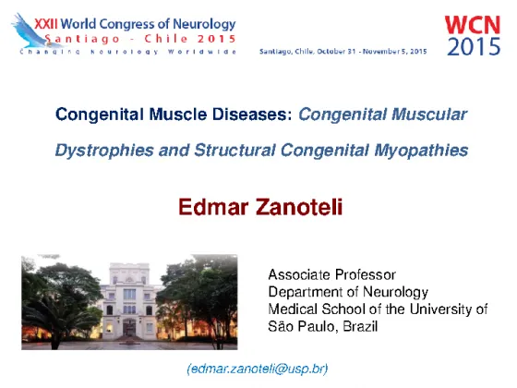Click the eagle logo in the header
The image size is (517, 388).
point(31,31)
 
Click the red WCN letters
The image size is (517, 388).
point(473,25)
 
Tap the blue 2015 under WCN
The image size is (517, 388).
point(474,46)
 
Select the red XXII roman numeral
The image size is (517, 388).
point(46,24)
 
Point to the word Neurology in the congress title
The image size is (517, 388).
point(204,24)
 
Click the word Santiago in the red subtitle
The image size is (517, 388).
point(82,39)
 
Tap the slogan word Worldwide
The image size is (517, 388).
point(202,52)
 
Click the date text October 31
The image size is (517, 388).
point(336,52)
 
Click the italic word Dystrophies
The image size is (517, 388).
point(104,151)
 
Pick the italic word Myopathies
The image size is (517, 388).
point(421,151)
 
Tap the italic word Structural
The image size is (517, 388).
point(234,150)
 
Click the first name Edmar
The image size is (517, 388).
point(213,207)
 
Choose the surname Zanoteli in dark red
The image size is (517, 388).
point(299,207)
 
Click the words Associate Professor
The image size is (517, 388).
point(332,275)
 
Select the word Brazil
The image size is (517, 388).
point(360,327)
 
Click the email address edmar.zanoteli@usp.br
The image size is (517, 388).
point(258,369)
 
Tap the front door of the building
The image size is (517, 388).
point(129,328)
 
